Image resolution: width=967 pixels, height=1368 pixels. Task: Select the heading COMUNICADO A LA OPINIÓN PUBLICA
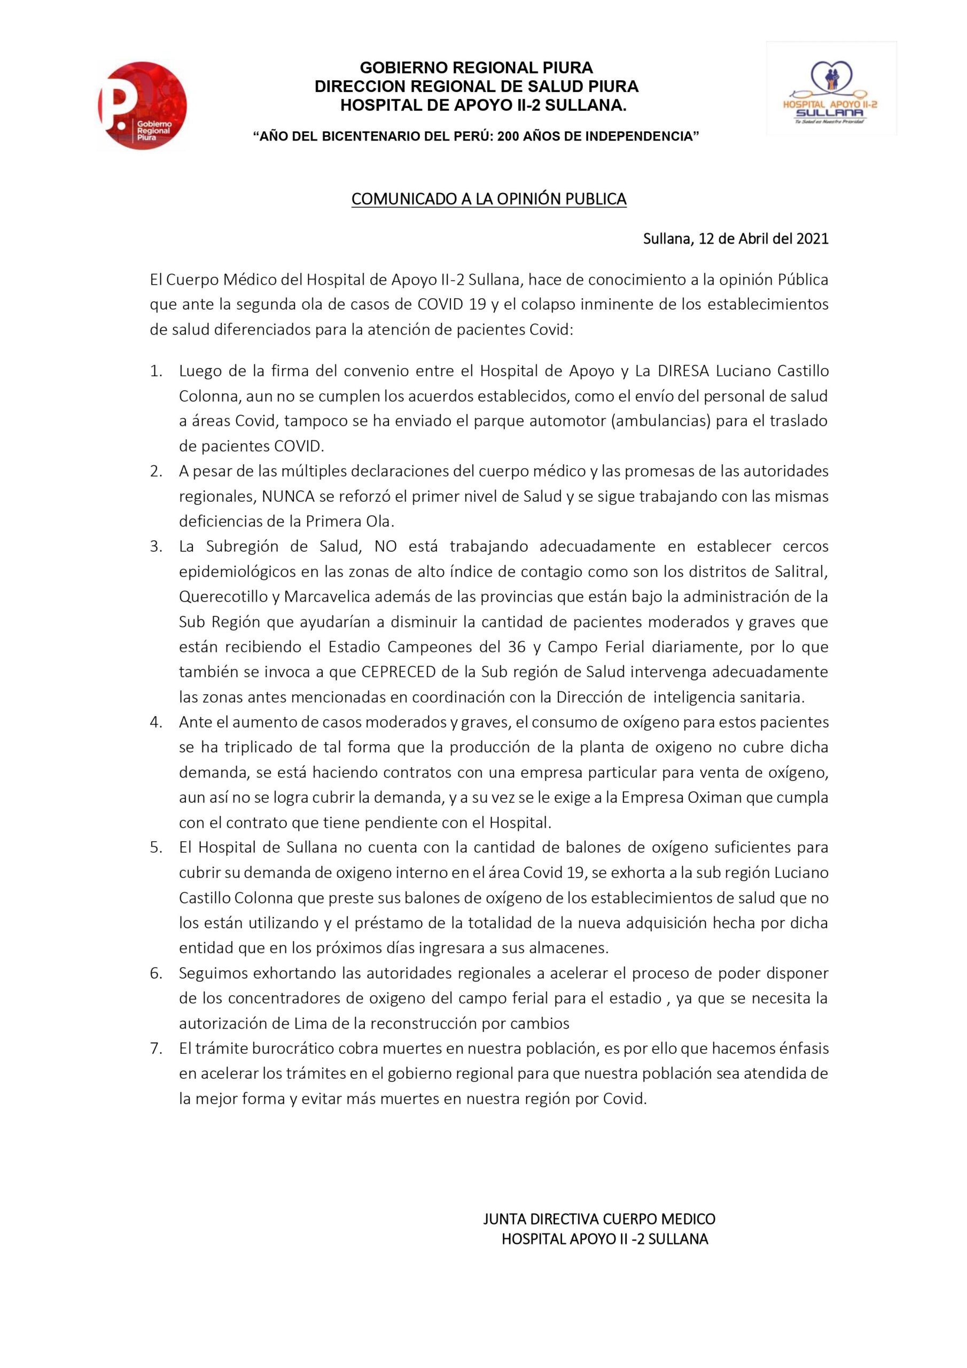488,199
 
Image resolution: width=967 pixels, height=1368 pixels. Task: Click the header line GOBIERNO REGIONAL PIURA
477,67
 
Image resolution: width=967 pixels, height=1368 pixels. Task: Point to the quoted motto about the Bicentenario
476,136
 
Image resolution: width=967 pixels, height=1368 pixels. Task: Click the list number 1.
156,371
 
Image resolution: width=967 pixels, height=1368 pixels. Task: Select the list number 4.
156,722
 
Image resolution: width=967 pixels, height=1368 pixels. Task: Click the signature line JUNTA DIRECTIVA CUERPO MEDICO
599,1202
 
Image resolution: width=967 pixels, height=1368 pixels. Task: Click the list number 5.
156,848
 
